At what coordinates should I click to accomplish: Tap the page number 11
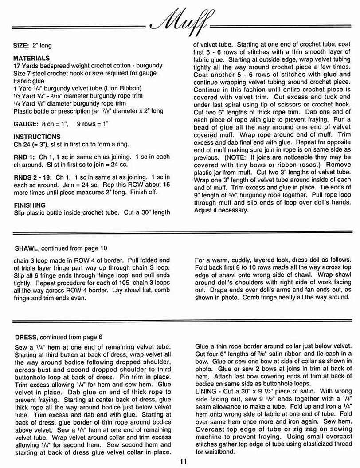pyautogui.click(x=183, y=461)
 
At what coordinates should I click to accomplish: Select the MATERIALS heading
pyautogui.click(x=31, y=59)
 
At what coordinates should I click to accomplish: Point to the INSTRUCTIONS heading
pyautogui.click(x=37, y=137)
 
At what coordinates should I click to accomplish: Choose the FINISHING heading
pyautogui.click(x=30, y=205)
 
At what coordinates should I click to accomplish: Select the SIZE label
pyautogui.click(x=21, y=46)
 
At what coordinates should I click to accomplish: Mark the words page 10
pyautogui.click(x=97, y=248)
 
